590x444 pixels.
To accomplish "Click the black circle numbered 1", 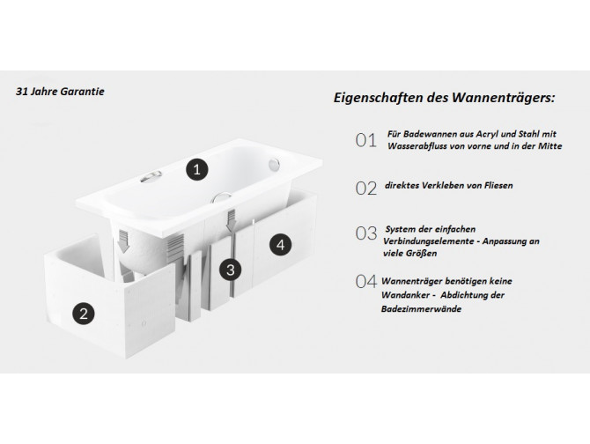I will click(x=198, y=167).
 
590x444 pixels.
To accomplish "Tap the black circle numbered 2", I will click(x=84, y=312).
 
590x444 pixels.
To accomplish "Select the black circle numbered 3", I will click(x=230, y=270).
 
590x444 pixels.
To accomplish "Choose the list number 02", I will click(x=365, y=187).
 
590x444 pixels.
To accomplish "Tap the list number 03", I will click(x=365, y=233).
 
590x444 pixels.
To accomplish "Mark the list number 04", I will click(x=365, y=281).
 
